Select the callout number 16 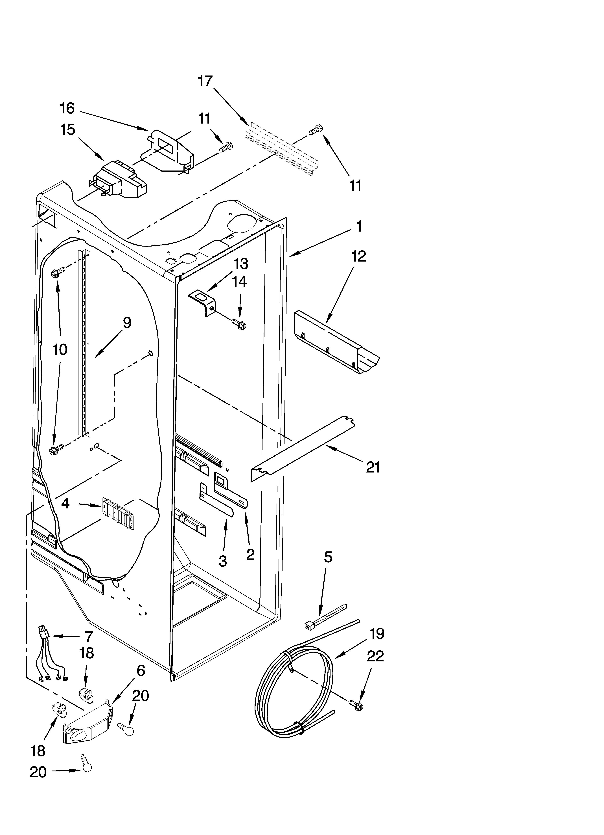pos(67,108)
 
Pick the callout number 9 pos(126,323)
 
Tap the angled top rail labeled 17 pos(281,151)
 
